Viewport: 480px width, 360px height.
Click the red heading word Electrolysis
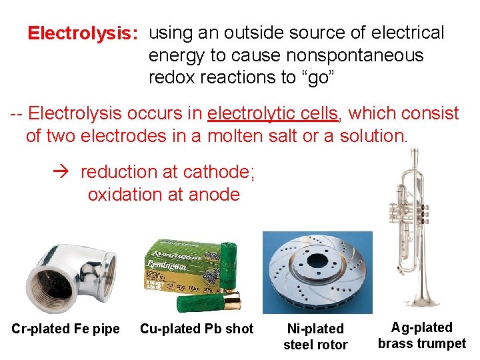click(82, 33)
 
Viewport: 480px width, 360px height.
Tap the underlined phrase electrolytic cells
click(273, 114)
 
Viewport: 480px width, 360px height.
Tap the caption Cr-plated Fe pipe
click(65, 329)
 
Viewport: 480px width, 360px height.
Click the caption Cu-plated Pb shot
click(197, 329)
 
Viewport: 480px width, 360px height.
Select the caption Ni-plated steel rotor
click(315, 337)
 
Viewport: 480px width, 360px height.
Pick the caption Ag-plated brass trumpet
click(421, 335)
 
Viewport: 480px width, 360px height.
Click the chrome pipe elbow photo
click(69, 277)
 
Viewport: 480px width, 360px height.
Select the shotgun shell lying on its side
click(209, 304)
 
